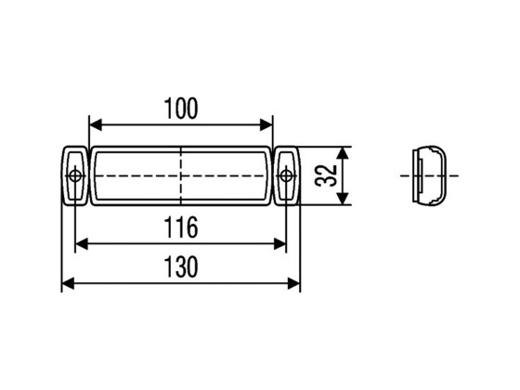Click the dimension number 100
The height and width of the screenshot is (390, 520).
[181, 109]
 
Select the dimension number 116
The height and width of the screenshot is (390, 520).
[181, 226]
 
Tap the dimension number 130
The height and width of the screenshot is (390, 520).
[181, 267]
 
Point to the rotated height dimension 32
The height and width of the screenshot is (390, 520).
[325, 175]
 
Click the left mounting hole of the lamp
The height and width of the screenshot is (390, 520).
[74, 175]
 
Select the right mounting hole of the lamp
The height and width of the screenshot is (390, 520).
[286, 175]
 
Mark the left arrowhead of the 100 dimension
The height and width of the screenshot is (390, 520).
[94, 124]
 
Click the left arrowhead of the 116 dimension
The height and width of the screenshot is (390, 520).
[81, 242]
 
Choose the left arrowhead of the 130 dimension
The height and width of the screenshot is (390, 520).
[68, 284]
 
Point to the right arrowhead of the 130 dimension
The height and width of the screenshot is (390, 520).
[294, 284]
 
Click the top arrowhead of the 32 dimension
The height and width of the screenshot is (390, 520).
[344, 152]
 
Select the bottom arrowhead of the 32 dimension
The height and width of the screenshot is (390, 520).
[344, 198]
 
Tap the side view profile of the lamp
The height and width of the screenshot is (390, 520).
[429, 175]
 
